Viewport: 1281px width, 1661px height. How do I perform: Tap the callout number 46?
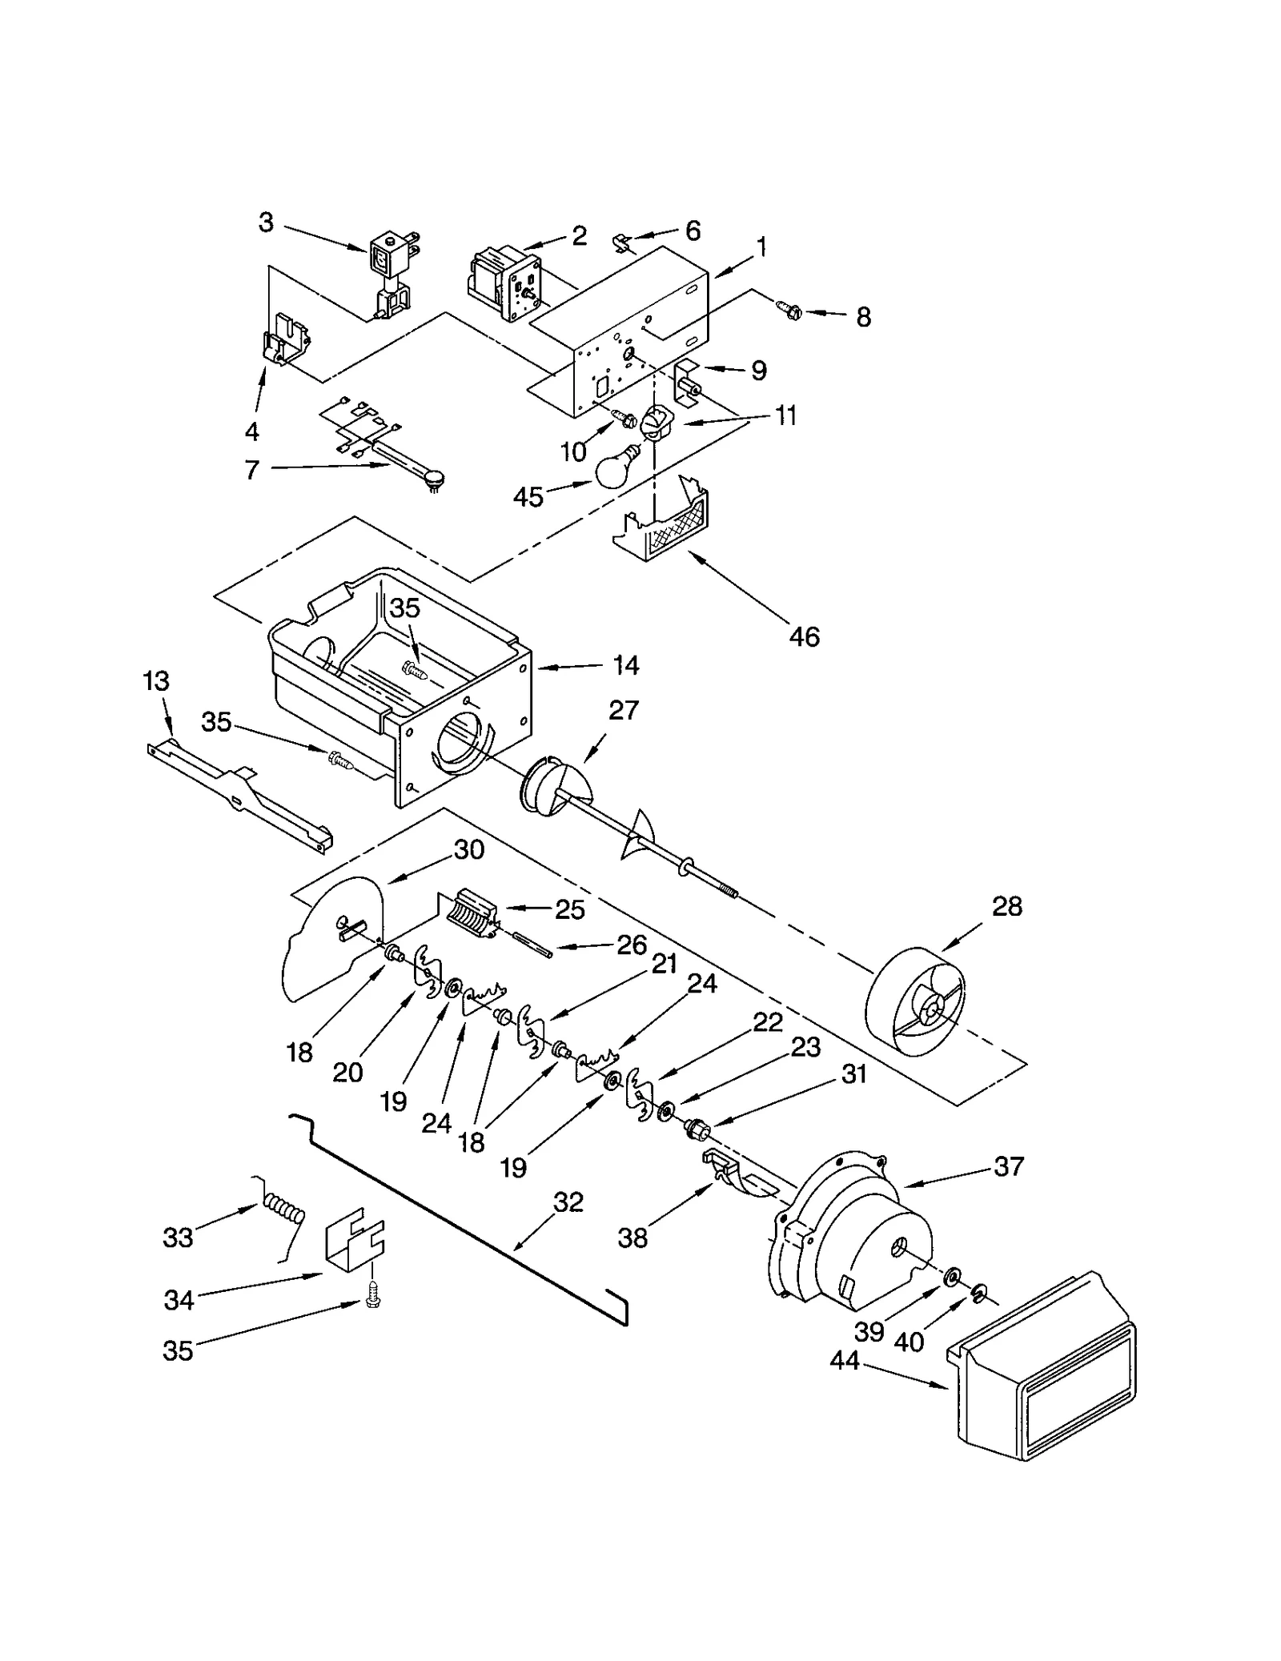803,636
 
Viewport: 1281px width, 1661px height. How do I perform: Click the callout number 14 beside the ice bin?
626,665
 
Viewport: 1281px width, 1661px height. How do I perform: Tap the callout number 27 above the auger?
623,710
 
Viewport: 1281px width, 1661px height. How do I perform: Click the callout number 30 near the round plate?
468,849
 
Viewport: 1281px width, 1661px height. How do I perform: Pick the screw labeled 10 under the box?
624,417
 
